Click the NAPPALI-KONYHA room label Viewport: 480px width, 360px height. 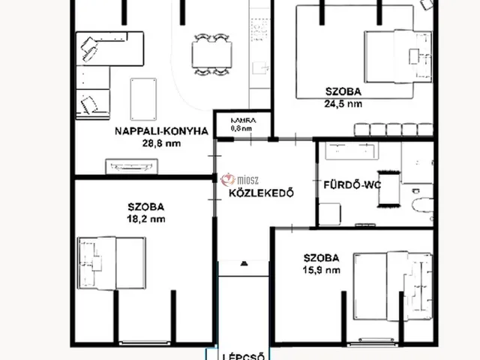[160, 130]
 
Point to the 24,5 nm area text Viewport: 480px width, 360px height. [344, 105]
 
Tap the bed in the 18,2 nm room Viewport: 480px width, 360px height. [113, 262]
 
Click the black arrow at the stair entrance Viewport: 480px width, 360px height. [244, 263]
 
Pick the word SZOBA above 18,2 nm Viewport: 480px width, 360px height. [146, 207]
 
